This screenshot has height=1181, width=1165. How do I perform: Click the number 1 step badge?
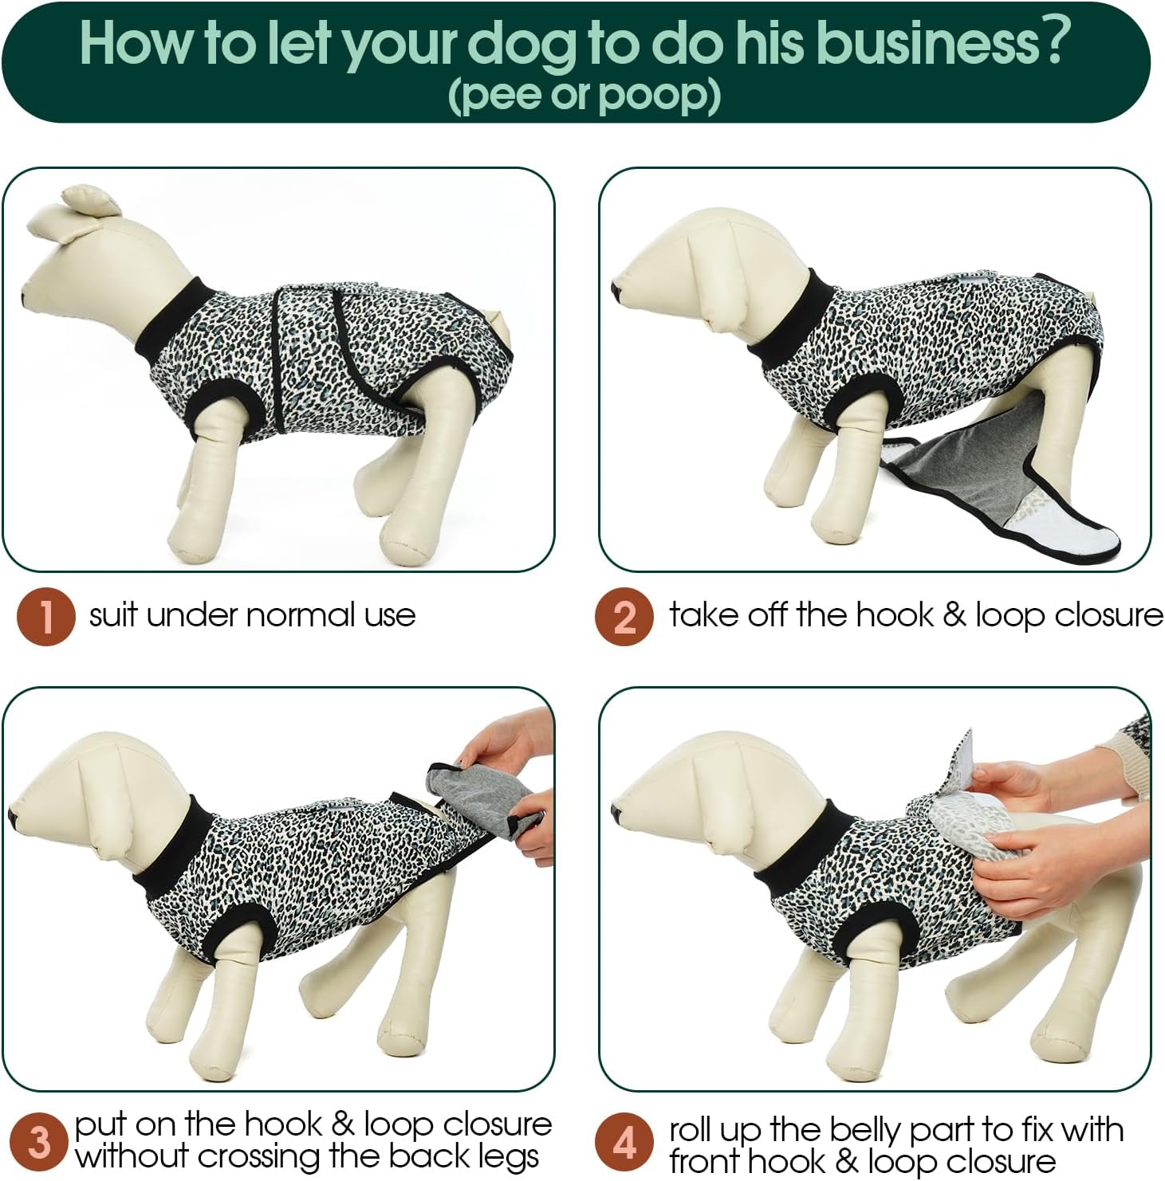click(46, 616)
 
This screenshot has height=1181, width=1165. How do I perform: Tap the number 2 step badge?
click(624, 616)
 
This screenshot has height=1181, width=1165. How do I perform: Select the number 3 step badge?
click(38, 1142)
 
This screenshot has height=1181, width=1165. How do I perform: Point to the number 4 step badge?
click(624, 1142)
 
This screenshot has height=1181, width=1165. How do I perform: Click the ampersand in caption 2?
click(953, 615)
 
